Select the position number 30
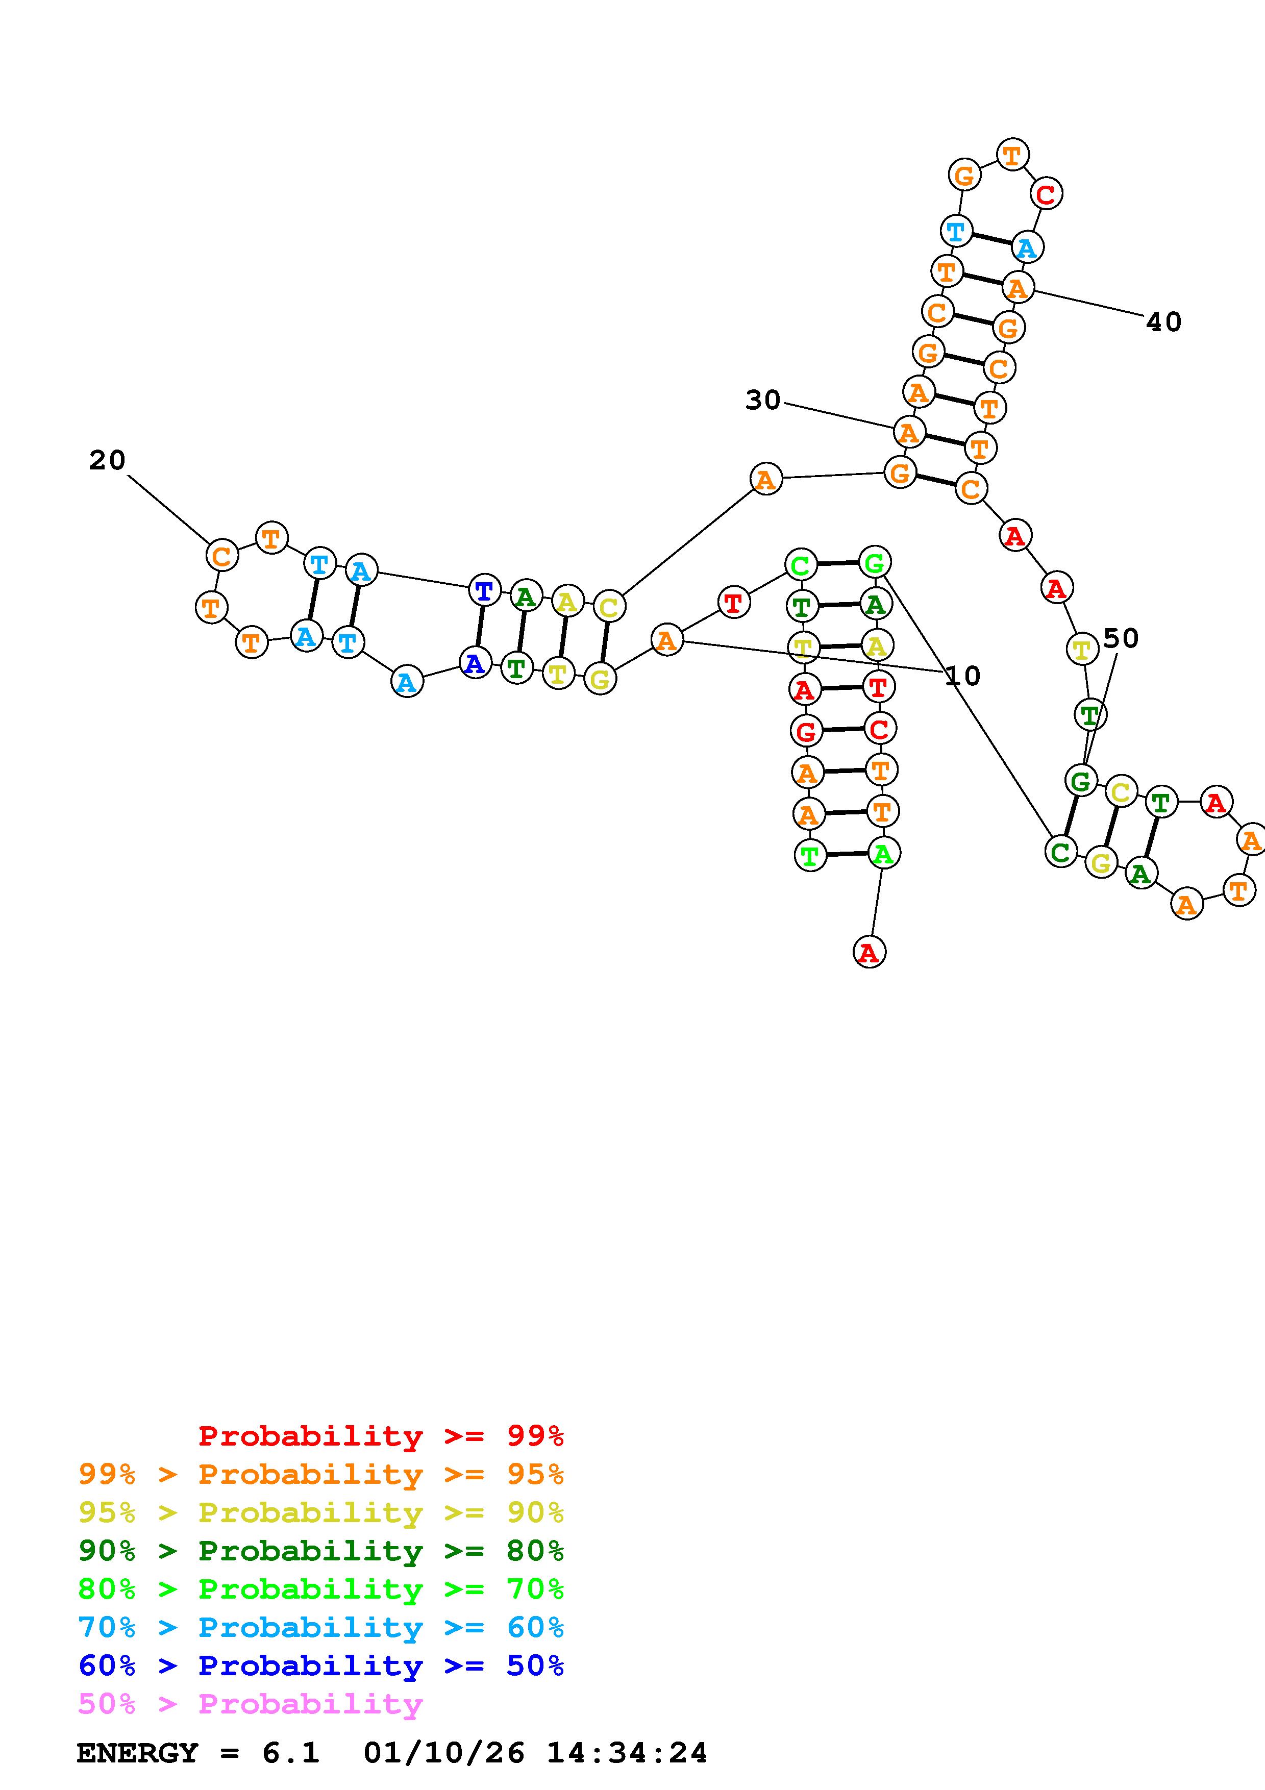[x=762, y=400]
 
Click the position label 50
[x=1121, y=638]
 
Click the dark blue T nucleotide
[x=484, y=590]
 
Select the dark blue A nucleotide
[x=475, y=663]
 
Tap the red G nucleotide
[x=806, y=731]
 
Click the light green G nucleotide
[x=875, y=562]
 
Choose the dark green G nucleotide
[x=1080, y=780]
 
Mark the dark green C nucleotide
[x=1060, y=851]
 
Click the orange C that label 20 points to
[x=221, y=556]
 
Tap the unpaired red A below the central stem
[x=869, y=952]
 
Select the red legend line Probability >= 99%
[x=380, y=1436]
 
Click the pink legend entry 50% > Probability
[x=250, y=1703]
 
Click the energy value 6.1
[x=290, y=1753]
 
